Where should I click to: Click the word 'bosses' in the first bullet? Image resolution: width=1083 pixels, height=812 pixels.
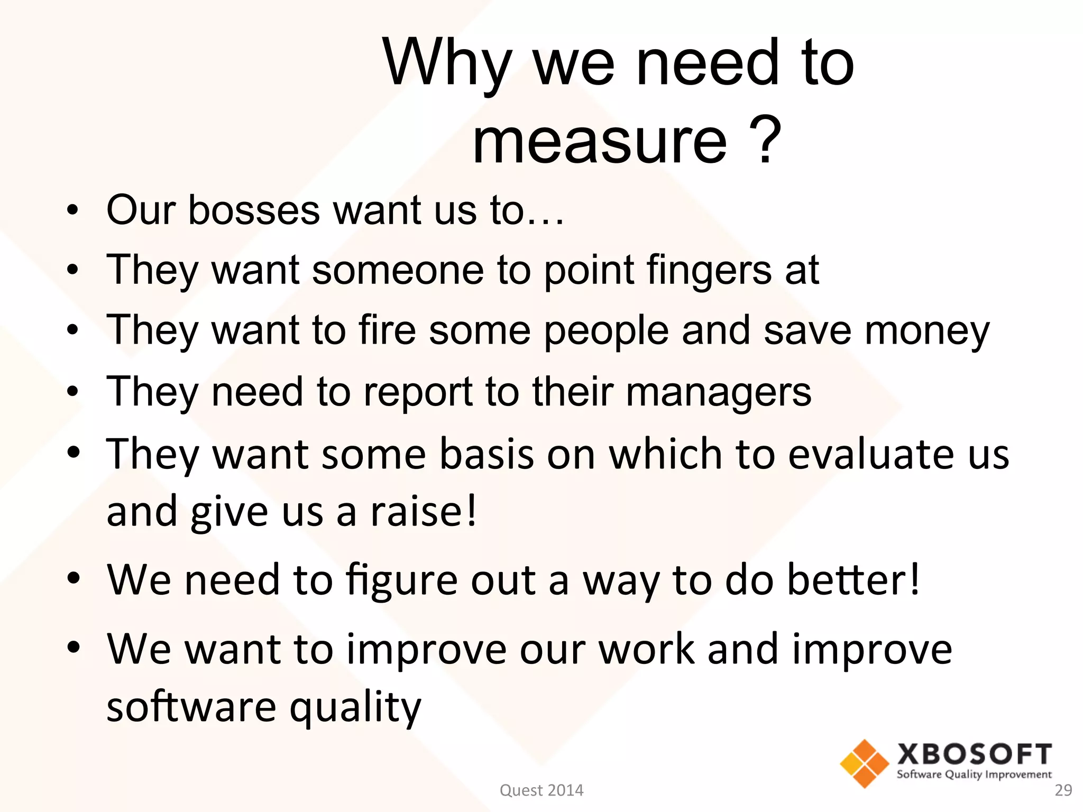tap(254, 210)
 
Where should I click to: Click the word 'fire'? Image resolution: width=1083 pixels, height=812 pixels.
tap(387, 330)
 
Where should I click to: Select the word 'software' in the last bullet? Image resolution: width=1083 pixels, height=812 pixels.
tap(191, 707)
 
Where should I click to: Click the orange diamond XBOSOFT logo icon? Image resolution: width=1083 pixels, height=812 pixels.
tap(864, 763)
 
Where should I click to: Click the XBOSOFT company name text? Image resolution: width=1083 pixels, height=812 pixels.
tap(974, 754)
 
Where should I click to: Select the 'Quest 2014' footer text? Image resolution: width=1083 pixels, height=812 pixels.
tap(541, 790)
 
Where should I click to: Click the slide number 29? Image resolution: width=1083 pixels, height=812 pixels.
tap(1063, 790)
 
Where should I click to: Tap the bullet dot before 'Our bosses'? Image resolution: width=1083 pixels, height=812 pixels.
tap(73, 210)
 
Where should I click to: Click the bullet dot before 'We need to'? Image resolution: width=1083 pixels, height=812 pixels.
tap(73, 578)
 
